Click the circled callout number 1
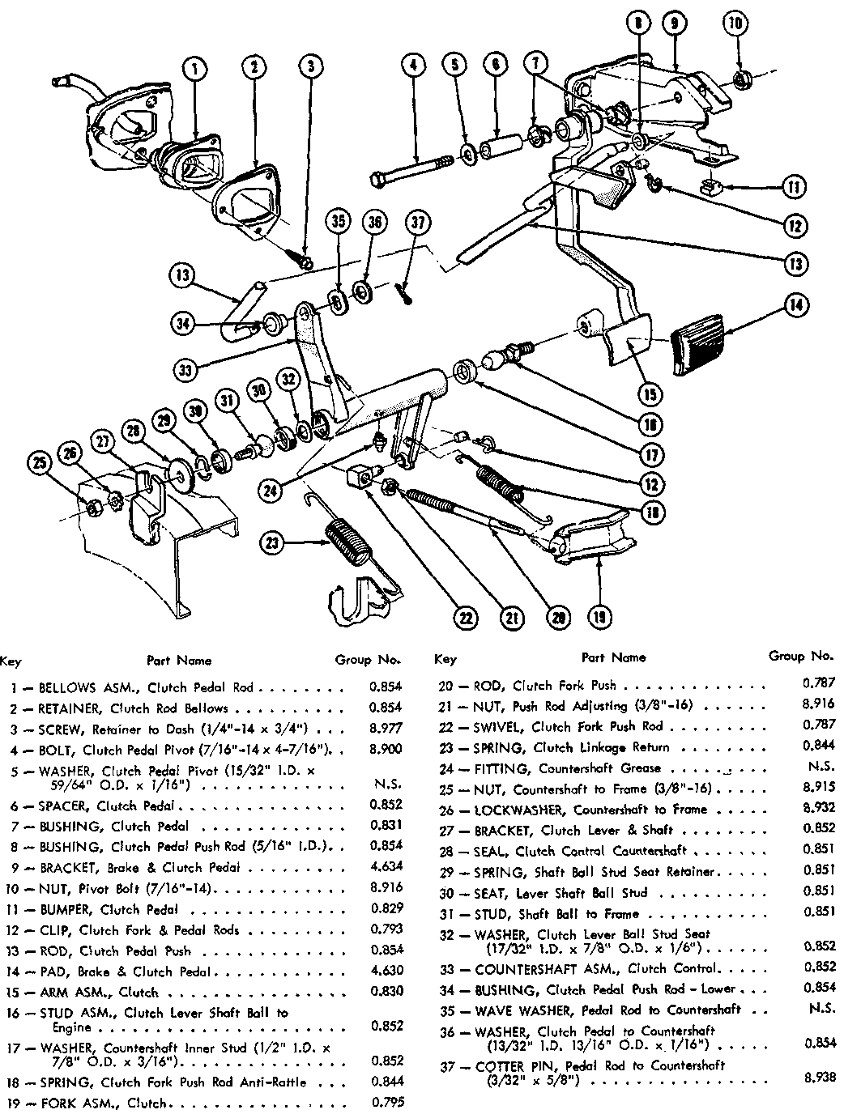[x=195, y=70]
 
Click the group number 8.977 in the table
[x=385, y=728]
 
